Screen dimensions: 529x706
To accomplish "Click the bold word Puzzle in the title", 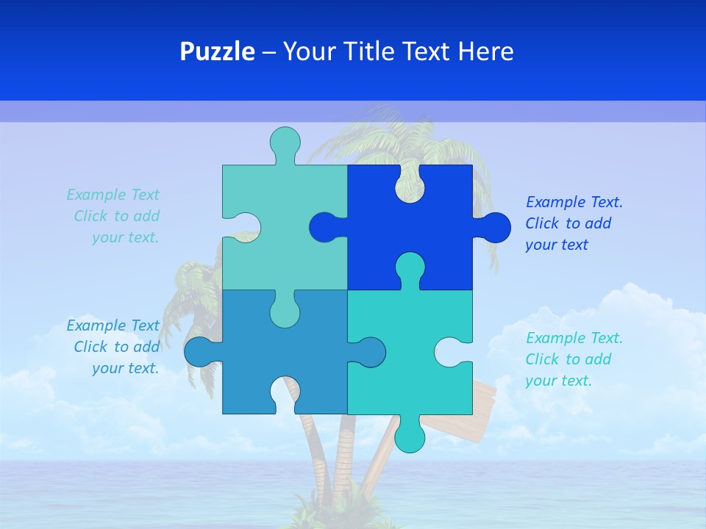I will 217,51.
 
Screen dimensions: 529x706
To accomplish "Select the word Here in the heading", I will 485,51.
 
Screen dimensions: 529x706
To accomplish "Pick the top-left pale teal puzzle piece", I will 294,220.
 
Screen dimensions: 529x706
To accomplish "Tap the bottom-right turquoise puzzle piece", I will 397,367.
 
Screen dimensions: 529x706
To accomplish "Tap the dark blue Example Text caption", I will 574,223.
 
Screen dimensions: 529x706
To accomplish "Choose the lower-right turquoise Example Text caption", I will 574,359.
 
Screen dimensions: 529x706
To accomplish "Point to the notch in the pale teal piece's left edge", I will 243,227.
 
